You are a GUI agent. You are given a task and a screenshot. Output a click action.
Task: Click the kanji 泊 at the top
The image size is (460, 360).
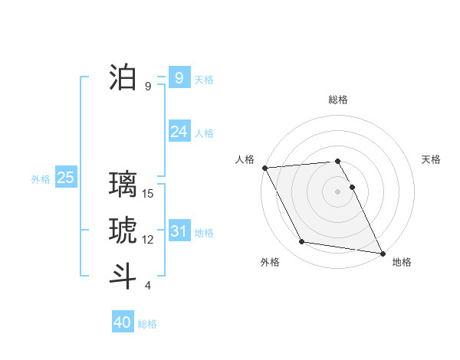click(x=123, y=77)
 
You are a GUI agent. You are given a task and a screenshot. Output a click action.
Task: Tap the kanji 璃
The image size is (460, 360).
click(x=123, y=185)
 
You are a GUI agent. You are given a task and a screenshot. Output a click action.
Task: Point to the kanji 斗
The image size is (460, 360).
click(x=123, y=276)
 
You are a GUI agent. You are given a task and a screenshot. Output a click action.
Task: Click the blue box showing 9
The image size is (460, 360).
click(x=179, y=77)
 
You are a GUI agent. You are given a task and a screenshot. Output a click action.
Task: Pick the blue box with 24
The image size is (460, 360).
click(x=179, y=131)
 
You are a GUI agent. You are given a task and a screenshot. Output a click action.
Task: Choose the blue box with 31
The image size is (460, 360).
click(x=179, y=231)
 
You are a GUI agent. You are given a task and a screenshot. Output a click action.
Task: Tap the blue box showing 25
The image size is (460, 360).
click(x=65, y=178)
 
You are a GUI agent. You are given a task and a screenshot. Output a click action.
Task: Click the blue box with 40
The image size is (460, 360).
click(x=123, y=322)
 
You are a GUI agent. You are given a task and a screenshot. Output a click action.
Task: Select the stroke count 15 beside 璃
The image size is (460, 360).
click(x=149, y=194)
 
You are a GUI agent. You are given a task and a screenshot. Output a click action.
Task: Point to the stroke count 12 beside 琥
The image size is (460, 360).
click(x=149, y=240)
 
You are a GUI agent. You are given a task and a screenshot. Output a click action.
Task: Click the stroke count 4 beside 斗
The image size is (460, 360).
click(x=148, y=286)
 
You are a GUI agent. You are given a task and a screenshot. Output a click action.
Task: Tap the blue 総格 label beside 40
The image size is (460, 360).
click(x=147, y=324)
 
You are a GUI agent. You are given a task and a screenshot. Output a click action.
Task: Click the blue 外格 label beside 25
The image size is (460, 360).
click(x=41, y=179)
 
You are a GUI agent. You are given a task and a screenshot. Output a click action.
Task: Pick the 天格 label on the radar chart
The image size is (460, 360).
click(x=431, y=159)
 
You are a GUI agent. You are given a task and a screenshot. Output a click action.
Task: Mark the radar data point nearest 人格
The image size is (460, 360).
click(x=264, y=168)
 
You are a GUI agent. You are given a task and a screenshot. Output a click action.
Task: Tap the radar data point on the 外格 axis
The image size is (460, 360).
click(x=302, y=242)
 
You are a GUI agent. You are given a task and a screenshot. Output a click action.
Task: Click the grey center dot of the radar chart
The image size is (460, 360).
click(x=338, y=191)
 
